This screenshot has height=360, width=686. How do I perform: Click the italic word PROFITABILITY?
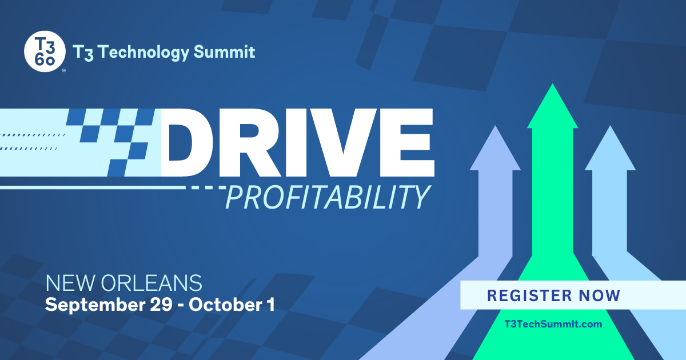tap(327, 197)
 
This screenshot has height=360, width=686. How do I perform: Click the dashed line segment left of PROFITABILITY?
tap(208, 187)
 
